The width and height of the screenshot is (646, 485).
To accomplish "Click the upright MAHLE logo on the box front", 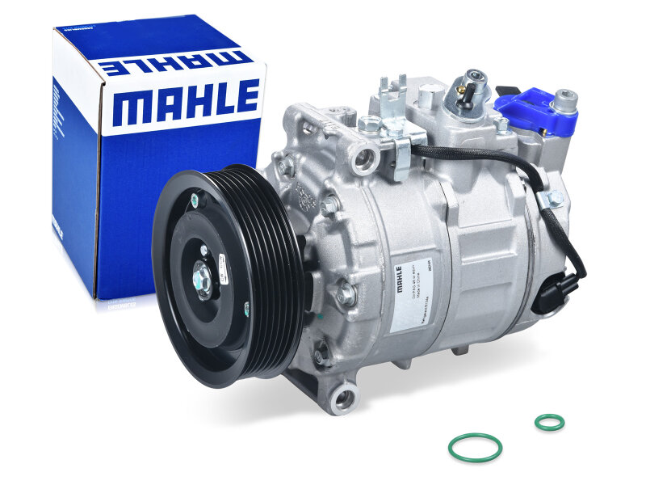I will [186, 103].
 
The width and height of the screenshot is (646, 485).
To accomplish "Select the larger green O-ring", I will [475, 447].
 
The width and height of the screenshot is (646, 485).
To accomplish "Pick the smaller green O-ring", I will [549, 422].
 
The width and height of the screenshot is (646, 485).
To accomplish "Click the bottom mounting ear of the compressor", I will [343, 398].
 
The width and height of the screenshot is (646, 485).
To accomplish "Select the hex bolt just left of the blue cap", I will [501, 125].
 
